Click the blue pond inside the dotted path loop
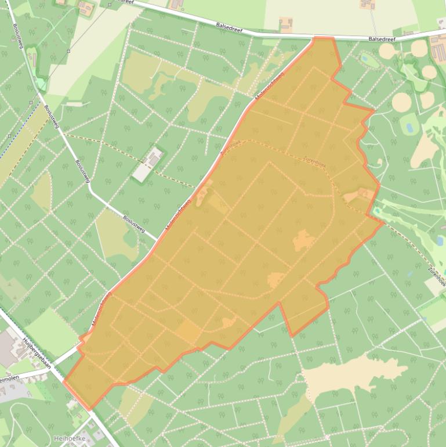pyautogui.click(x=367, y=57)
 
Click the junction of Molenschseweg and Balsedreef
pyautogui.click(x=313, y=38)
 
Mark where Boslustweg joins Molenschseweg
pyautogui.click(x=157, y=240)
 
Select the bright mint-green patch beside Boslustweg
pyautogui.click(x=41, y=84)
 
